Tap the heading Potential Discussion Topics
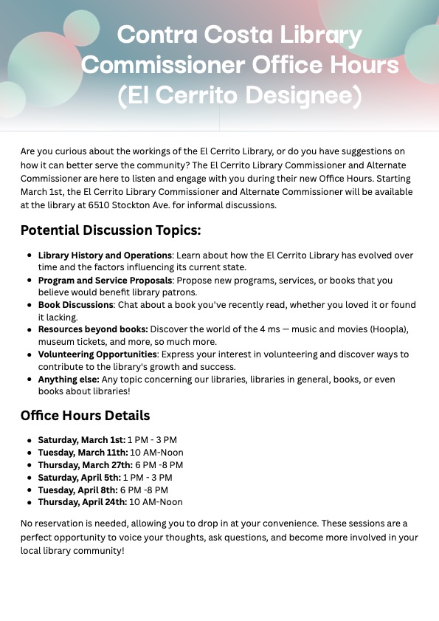(x=111, y=230)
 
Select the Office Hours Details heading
(x=86, y=416)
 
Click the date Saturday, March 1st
(x=81, y=440)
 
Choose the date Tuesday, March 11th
(x=83, y=453)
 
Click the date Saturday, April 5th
(x=80, y=478)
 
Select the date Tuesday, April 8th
(x=78, y=490)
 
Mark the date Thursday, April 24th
(x=83, y=502)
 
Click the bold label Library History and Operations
(x=105, y=255)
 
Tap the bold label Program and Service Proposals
(x=105, y=281)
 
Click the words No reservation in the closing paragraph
(x=51, y=524)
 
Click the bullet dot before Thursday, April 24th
(x=29, y=502)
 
